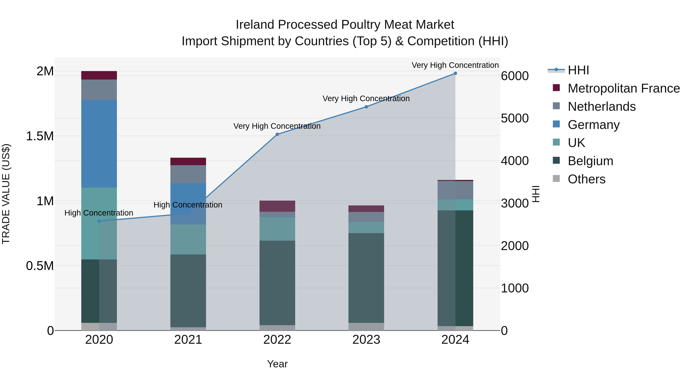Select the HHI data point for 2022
(277, 135)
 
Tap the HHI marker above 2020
(99, 221)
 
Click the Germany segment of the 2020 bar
(99, 144)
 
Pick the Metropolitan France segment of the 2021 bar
(188, 162)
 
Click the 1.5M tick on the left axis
(40, 136)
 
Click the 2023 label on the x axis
(366, 340)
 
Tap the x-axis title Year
(277, 364)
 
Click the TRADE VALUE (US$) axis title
(6, 194)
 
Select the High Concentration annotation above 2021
(188, 205)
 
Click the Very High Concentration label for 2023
(366, 98)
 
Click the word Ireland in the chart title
(255, 25)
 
